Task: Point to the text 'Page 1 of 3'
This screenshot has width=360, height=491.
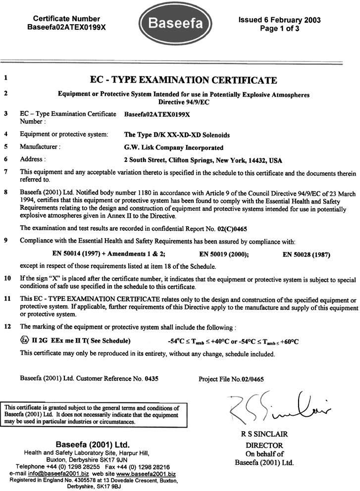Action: (x=279, y=29)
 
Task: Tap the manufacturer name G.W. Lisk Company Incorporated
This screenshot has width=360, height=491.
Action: (x=173, y=147)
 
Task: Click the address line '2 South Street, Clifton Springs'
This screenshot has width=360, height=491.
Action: (x=203, y=159)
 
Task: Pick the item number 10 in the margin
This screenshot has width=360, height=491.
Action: (x=7, y=278)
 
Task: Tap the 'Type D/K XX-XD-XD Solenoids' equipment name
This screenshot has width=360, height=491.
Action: (x=176, y=134)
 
